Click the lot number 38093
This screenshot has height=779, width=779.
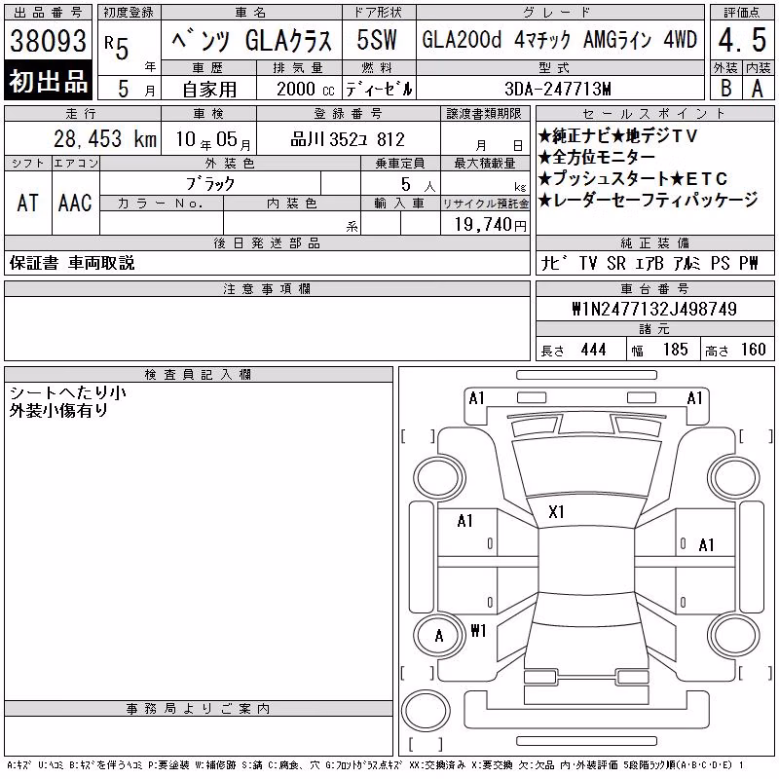pos(48,40)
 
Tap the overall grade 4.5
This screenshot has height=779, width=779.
pos(742,40)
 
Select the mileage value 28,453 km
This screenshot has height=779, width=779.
pos(105,138)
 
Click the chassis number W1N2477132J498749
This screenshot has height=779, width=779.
pos(654,309)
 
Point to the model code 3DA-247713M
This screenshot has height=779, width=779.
pos(558,89)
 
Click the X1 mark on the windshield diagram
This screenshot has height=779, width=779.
pos(556,512)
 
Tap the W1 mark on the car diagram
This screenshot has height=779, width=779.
pos(478,630)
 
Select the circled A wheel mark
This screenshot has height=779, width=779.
pos(439,636)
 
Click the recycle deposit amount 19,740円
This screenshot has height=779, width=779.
pos(491,225)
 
